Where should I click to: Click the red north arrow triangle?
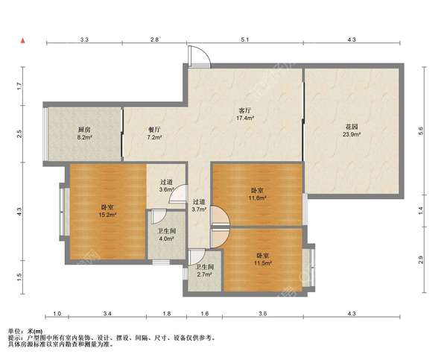pyautogui.click(x=23, y=41)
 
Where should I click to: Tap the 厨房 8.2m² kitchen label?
pyautogui.click(x=84, y=133)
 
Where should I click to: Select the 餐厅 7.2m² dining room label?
pyautogui.click(x=155, y=133)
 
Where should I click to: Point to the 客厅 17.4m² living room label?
pyautogui.click(x=245, y=114)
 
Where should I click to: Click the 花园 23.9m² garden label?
pyautogui.click(x=352, y=130)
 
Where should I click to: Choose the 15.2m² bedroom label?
pyautogui.click(x=108, y=211)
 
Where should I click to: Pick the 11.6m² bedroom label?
pyautogui.click(x=257, y=194)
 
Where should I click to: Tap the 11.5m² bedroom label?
pyautogui.click(x=262, y=259)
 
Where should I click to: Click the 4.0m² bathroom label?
pyautogui.click(x=166, y=235)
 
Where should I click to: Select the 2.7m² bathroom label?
pyautogui.click(x=204, y=271)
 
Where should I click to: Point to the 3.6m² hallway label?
pyautogui.click(x=167, y=186)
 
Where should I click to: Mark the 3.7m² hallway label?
pyautogui.click(x=199, y=206)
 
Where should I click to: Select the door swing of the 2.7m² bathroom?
pyautogui.click(x=197, y=256)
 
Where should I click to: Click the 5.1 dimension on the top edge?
pyautogui.click(x=245, y=40)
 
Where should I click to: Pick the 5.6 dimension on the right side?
pyautogui.click(x=422, y=130)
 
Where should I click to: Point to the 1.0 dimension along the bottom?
pyautogui.click(x=57, y=314)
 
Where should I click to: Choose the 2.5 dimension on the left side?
pyautogui.click(x=19, y=133)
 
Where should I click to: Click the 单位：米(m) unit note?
pyautogui.click(x=25, y=331)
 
